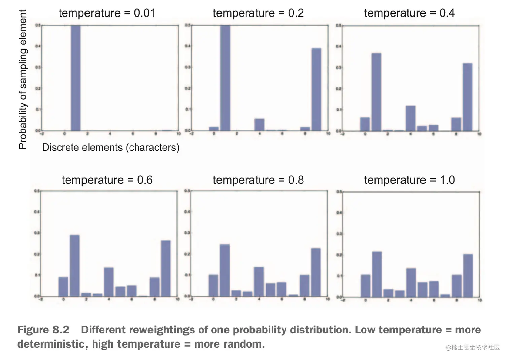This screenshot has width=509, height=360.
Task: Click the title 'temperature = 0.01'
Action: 107,13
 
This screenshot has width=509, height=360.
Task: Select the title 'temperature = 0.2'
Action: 258,13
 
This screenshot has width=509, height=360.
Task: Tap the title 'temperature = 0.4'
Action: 409,13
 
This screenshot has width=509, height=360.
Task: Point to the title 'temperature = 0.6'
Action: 107,180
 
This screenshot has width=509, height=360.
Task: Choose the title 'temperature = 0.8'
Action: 258,180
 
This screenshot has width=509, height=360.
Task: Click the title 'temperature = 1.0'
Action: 409,180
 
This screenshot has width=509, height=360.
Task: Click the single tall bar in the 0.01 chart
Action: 76,77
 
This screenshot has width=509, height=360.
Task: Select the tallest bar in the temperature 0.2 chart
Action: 225,77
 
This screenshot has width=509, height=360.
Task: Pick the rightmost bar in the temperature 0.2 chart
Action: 316,89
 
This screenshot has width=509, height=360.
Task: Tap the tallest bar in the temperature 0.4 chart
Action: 376,92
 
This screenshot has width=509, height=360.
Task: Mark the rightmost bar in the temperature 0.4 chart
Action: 467,97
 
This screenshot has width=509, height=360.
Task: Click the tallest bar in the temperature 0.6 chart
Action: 75,265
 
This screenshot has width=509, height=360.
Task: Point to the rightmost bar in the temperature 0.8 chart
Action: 316,272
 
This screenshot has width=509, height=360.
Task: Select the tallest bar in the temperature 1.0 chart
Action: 377,274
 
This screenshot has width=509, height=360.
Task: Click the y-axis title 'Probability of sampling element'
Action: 22,79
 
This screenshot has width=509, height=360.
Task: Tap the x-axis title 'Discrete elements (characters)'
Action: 111,148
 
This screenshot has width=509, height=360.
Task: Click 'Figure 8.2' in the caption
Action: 43,330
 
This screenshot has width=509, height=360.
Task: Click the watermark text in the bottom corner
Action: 473,347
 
